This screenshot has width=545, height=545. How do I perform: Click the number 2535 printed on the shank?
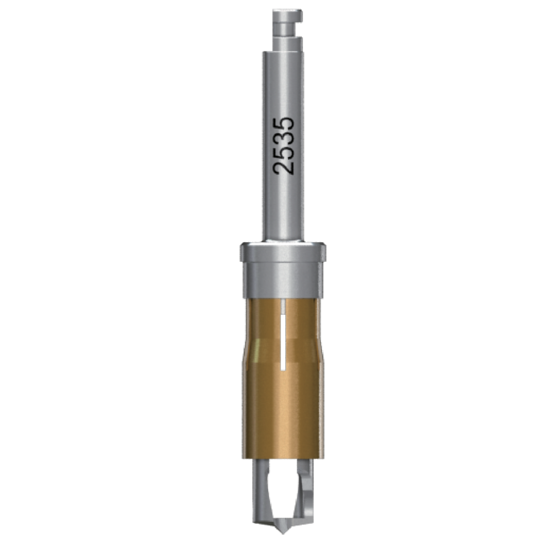[283, 146]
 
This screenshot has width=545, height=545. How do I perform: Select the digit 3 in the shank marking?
[283, 139]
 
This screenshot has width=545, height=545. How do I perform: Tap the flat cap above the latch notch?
[287, 15]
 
